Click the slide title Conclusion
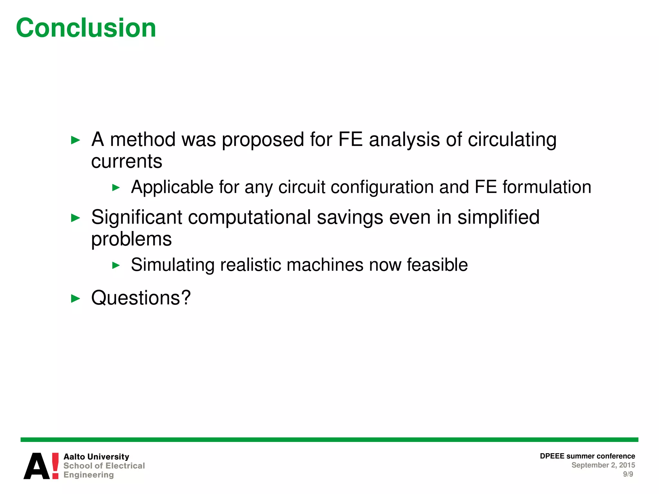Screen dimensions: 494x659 tap(86, 28)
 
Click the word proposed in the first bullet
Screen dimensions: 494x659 tap(263, 140)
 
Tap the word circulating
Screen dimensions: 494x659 tap(512, 140)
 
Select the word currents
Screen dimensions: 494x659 tap(126, 161)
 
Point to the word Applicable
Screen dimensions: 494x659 tap(172, 187)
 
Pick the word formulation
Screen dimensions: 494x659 tap(547, 187)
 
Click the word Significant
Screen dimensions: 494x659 tap(136, 217)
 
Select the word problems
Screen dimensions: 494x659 tap(131, 240)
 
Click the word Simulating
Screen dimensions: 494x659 tap(172, 265)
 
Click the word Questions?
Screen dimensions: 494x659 tap(141, 298)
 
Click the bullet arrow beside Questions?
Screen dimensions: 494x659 tap(75, 298)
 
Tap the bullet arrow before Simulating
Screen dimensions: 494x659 tap(116, 265)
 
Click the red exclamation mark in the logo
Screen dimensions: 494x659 tap(55, 465)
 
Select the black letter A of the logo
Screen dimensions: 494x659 tap(37, 466)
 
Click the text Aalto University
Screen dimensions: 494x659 tap(96, 457)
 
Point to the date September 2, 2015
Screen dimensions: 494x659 tap(603, 465)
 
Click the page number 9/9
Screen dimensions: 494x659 tap(628, 474)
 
